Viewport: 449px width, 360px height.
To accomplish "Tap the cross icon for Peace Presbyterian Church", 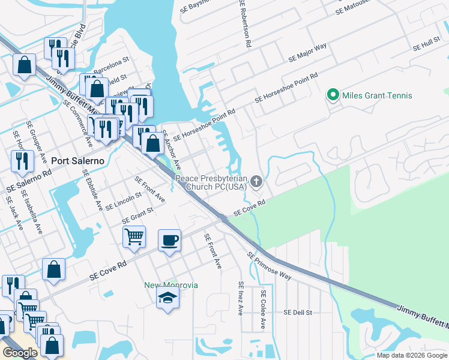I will tap(257, 181).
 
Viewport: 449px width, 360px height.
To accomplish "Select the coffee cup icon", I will tap(169, 240).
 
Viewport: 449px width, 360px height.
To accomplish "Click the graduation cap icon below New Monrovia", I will tap(167, 298).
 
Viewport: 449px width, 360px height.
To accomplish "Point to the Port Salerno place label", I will tap(78, 161).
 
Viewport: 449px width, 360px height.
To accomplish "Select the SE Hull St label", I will tap(427, 44).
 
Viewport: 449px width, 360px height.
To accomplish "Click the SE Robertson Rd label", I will tap(244, 23).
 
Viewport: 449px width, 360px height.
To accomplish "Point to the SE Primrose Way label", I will tap(269, 266).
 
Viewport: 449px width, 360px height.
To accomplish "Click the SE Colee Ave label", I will tap(263, 309).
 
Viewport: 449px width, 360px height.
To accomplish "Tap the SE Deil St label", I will tap(298, 313).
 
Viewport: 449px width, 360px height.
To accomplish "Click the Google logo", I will tap(20, 353).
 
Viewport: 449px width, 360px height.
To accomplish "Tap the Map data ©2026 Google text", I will tap(412, 355).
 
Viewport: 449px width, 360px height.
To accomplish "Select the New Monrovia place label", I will tap(172, 284).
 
